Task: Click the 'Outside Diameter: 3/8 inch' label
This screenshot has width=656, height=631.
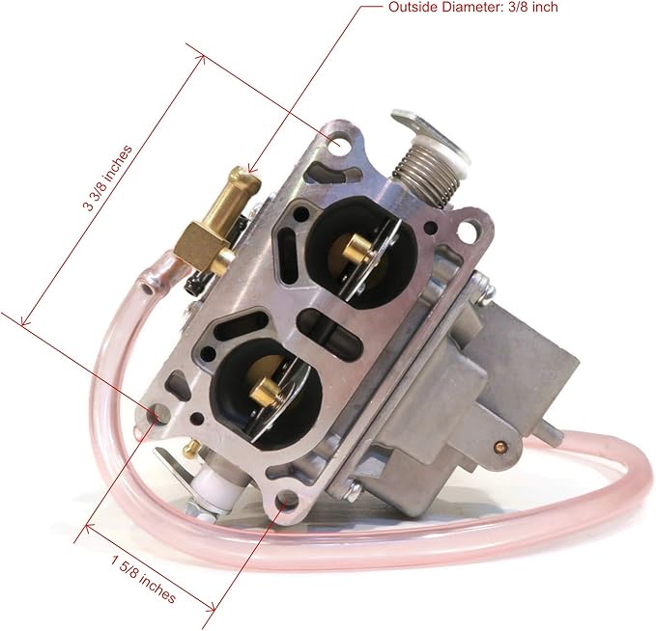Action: (x=473, y=7)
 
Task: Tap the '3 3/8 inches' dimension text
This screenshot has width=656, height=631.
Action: (x=108, y=178)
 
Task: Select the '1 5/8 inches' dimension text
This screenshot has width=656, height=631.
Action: (x=143, y=579)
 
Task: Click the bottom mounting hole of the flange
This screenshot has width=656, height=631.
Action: (x=287, y=499)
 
